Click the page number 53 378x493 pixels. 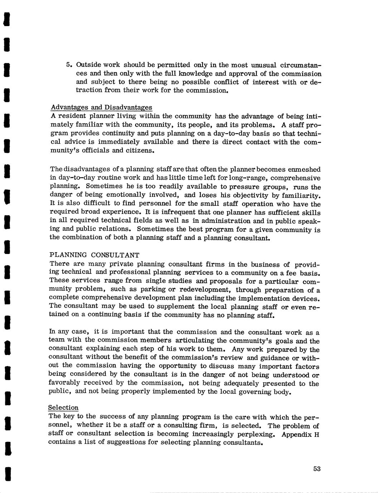click(316, 469)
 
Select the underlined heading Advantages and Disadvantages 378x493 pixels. click(101, 108)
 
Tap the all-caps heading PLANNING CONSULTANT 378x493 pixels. click(94, 255)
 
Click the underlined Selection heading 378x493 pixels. click(63, 408)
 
